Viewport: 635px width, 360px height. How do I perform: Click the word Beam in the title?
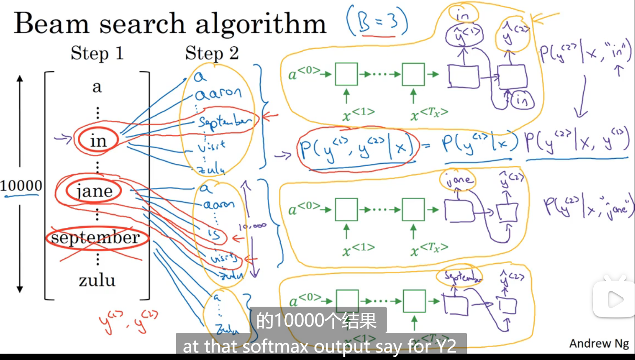point(52,23)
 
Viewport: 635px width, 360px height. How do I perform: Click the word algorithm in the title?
point(261,24)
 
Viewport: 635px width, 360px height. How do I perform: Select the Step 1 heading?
point(97,53)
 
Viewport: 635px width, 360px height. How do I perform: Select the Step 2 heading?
point(212,53)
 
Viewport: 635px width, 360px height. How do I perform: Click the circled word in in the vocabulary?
point(98,141)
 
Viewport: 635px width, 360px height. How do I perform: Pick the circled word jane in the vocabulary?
point(95,191)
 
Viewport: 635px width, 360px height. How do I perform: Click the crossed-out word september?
point(95,238)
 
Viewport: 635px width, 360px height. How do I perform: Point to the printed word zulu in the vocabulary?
point(97,280)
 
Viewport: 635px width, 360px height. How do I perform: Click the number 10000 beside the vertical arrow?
point(21,186)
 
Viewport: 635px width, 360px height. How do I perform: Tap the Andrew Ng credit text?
point(599,343)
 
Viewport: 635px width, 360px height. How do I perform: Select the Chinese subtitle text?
point(317,320)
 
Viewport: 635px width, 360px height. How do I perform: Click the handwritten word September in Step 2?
point(224,122)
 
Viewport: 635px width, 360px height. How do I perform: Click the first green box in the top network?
point(346,74)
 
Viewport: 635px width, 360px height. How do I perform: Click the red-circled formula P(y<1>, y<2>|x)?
point(356,148)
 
